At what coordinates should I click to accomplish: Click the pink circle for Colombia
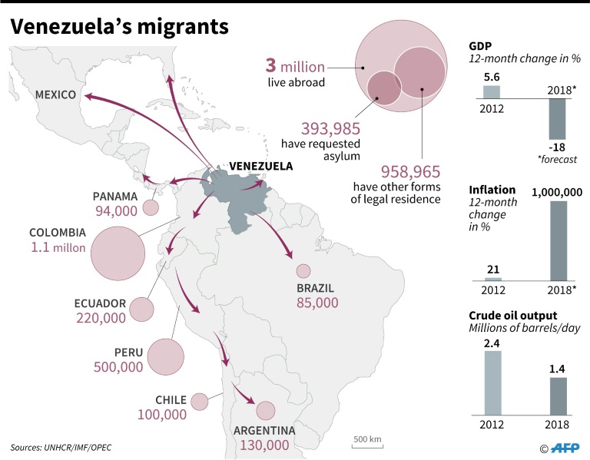[118, 253]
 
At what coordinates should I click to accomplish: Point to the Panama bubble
[150, 207]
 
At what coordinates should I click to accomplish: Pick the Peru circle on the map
[165, 357]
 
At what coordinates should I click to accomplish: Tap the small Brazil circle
[303, 271]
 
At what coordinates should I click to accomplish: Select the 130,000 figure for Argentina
[264, 445]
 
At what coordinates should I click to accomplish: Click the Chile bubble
[200, 402]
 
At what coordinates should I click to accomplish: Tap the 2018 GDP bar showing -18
[557, 118]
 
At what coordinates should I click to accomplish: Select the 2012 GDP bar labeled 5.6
[492, 91]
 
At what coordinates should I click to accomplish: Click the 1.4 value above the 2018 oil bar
[557, 369]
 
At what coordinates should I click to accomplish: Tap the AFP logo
[563, 447]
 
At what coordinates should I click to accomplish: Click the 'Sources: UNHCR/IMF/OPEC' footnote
[61, 447]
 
